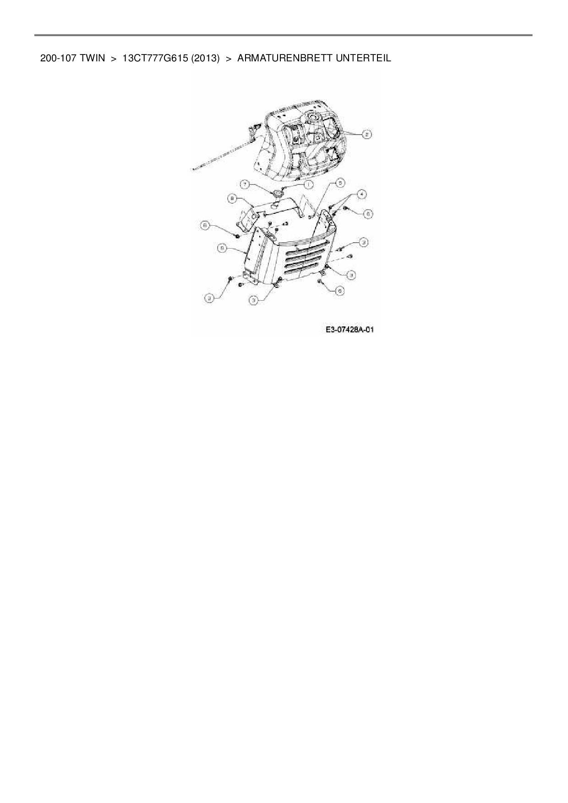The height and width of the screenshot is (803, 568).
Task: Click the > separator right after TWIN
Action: [x=114, y=59]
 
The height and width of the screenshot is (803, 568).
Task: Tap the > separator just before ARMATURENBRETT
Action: [x=229, y=59]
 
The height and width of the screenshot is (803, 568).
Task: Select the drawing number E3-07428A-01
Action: [x=350, y=330]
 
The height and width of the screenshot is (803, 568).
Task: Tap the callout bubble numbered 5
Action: [x=339, y=183]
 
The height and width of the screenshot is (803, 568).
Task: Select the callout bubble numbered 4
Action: [x=362, y=194]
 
